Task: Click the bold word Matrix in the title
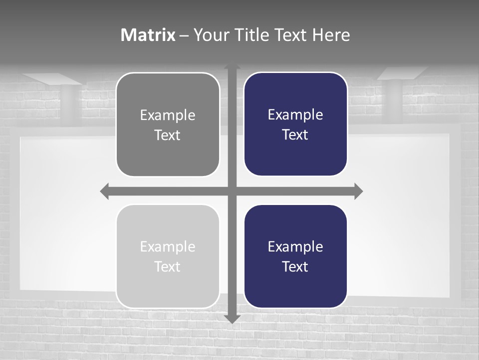pyautogui.click(x=148, y=35)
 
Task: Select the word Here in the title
pyautogui.click(x=331, y=35)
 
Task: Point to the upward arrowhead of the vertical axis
pyautogui.click(x=232, y=67)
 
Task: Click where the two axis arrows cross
pyautogui.click(x=232, y=191)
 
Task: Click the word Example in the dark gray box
pyautogui.click(x=168, y=115)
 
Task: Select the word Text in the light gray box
pyautogui.click(x=167, y=266)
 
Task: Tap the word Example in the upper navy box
pyautogui.click(x=295, y=115)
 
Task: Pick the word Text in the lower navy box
pyautogui.click(x=295, y=266)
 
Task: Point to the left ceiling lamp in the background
pyautogui.click(x=50, y=78)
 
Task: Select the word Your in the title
pyautogui.click(x=210, y=35)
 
